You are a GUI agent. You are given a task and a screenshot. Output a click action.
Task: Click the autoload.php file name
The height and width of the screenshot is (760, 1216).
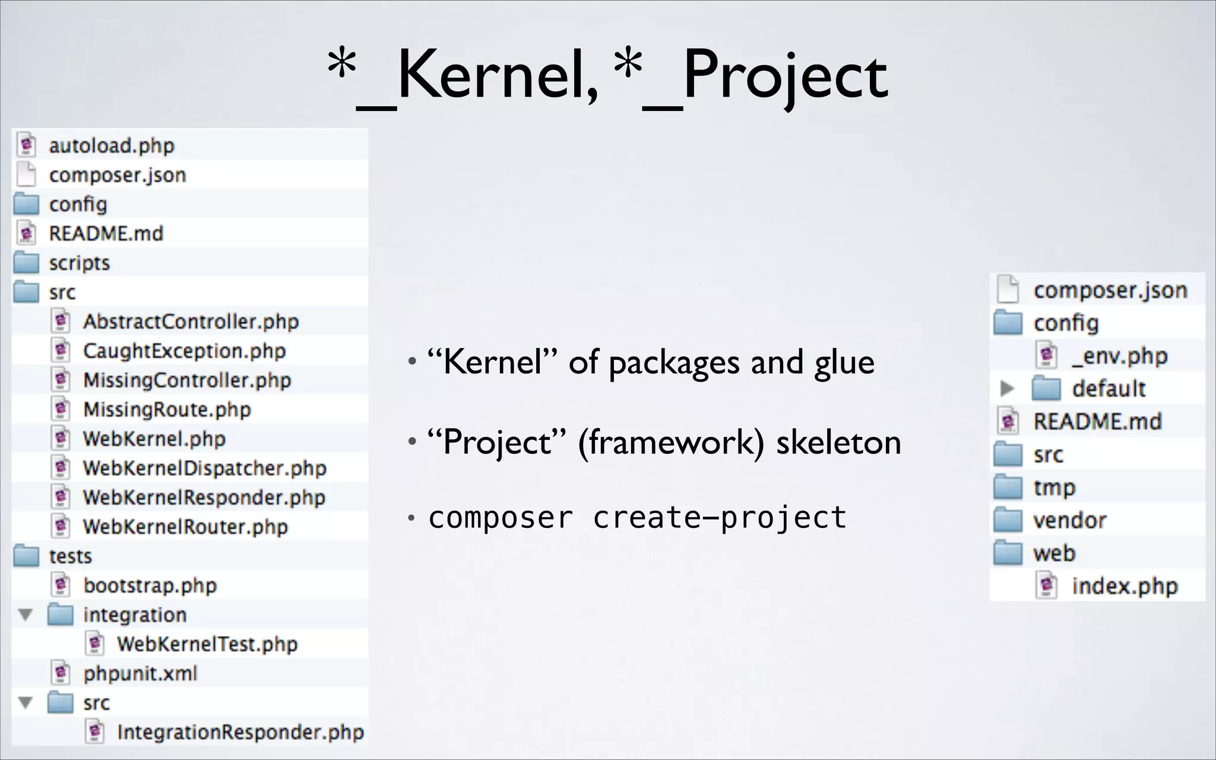112,145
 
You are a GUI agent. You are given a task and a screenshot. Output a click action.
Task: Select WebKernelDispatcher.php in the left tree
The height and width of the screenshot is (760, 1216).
204,468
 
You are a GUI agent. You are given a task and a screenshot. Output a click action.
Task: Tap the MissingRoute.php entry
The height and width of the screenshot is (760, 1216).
167,409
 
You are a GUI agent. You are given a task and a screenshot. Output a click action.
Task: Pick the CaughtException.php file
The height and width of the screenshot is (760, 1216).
184,351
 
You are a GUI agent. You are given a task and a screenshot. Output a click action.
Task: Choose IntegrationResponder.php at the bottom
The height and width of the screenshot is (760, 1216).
240,732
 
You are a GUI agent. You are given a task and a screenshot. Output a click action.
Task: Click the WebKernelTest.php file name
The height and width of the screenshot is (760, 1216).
207,644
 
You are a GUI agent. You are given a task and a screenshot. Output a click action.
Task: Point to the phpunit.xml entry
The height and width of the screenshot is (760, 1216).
140,673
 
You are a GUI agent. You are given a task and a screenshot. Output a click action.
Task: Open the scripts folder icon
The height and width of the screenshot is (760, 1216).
26,262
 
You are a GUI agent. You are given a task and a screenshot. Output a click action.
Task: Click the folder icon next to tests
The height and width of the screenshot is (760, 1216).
26,556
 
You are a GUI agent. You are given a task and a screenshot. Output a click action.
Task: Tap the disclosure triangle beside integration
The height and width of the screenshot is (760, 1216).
26,615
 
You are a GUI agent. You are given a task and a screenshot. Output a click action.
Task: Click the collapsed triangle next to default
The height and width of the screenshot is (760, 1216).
1007,388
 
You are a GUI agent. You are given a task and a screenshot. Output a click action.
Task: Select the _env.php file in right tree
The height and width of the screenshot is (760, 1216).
1119,356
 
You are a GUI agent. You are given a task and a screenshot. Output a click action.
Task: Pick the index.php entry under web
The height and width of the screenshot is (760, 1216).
1125,586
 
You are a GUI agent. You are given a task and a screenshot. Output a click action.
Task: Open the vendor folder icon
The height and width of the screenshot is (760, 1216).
1008,520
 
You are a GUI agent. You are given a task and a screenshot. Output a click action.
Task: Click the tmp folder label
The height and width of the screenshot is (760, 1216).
1054,487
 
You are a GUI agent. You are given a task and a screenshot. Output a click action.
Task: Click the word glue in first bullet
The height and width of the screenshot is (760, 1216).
844,363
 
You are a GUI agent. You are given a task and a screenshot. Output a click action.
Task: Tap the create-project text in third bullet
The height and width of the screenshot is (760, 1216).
720,518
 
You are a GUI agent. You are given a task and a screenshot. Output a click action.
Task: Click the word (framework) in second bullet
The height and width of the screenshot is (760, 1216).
672,443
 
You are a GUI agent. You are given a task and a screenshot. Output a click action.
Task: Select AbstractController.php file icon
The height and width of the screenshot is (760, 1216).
61,321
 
